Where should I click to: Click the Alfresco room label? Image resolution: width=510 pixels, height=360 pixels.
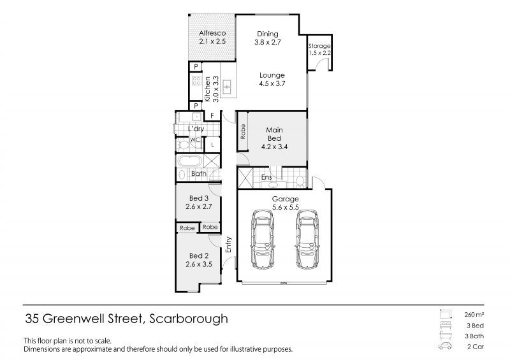tap(212, 33)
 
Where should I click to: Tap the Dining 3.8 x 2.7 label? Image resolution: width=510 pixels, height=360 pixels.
tap(268, 38)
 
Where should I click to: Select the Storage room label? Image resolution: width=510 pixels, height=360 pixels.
tap(319, 46)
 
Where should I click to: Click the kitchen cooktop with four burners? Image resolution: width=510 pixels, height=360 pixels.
tap(196, 81)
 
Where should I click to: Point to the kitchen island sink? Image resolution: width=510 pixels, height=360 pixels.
tap(227, 87)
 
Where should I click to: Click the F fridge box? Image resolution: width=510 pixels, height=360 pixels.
tap(212, 116)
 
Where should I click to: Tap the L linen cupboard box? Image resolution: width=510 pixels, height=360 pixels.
tap(212, 145)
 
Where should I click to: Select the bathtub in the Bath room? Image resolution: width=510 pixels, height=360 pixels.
tap(189, 161)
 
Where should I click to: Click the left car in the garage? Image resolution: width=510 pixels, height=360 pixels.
tap(263, 239)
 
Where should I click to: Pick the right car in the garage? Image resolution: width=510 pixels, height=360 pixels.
tap(307, 239)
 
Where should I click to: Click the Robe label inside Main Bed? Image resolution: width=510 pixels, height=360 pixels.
tap(242, 131)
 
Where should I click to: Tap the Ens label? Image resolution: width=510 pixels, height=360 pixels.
tap(266, 177)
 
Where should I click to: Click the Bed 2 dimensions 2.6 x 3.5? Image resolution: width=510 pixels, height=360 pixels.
tap(199, 264)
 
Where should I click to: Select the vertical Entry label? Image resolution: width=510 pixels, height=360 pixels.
tap(228, 245)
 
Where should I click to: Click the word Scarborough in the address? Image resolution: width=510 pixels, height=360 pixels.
tap(189, 319)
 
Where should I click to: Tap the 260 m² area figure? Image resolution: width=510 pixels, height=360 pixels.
tap(474, 315)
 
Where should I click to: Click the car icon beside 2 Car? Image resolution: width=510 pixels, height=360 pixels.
tap(445, 346)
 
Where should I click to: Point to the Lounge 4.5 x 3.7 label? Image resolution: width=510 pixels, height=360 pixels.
tap(272, 80)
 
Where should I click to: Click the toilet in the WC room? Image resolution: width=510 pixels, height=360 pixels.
tap(183, 145)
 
